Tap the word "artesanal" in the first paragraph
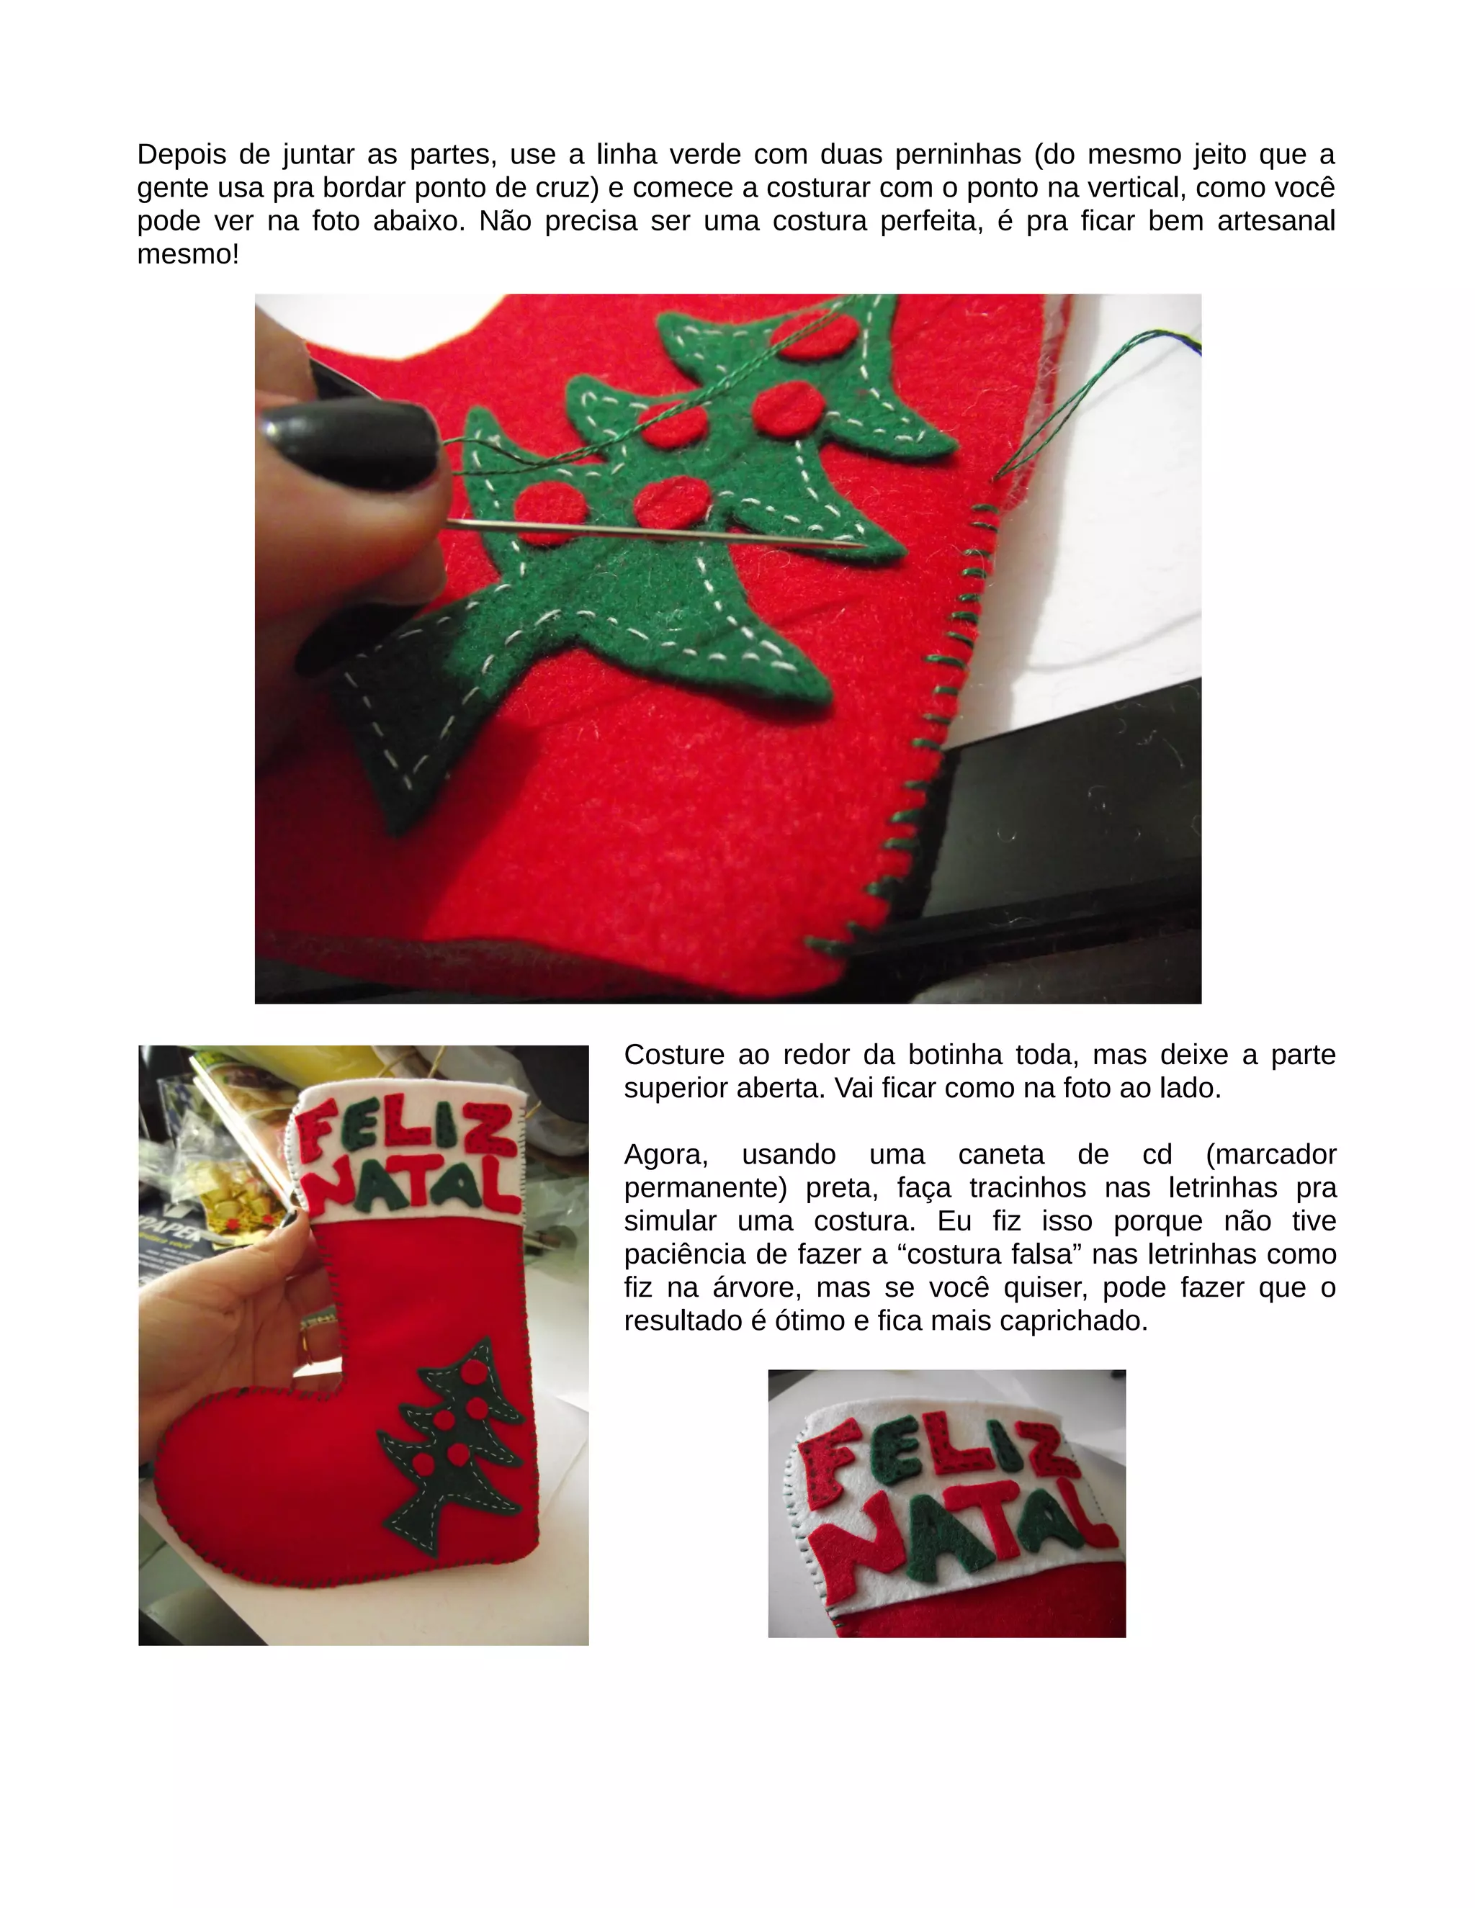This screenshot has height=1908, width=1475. tap(1276, 221)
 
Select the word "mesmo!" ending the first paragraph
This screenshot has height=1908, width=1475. tap(188, 254)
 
